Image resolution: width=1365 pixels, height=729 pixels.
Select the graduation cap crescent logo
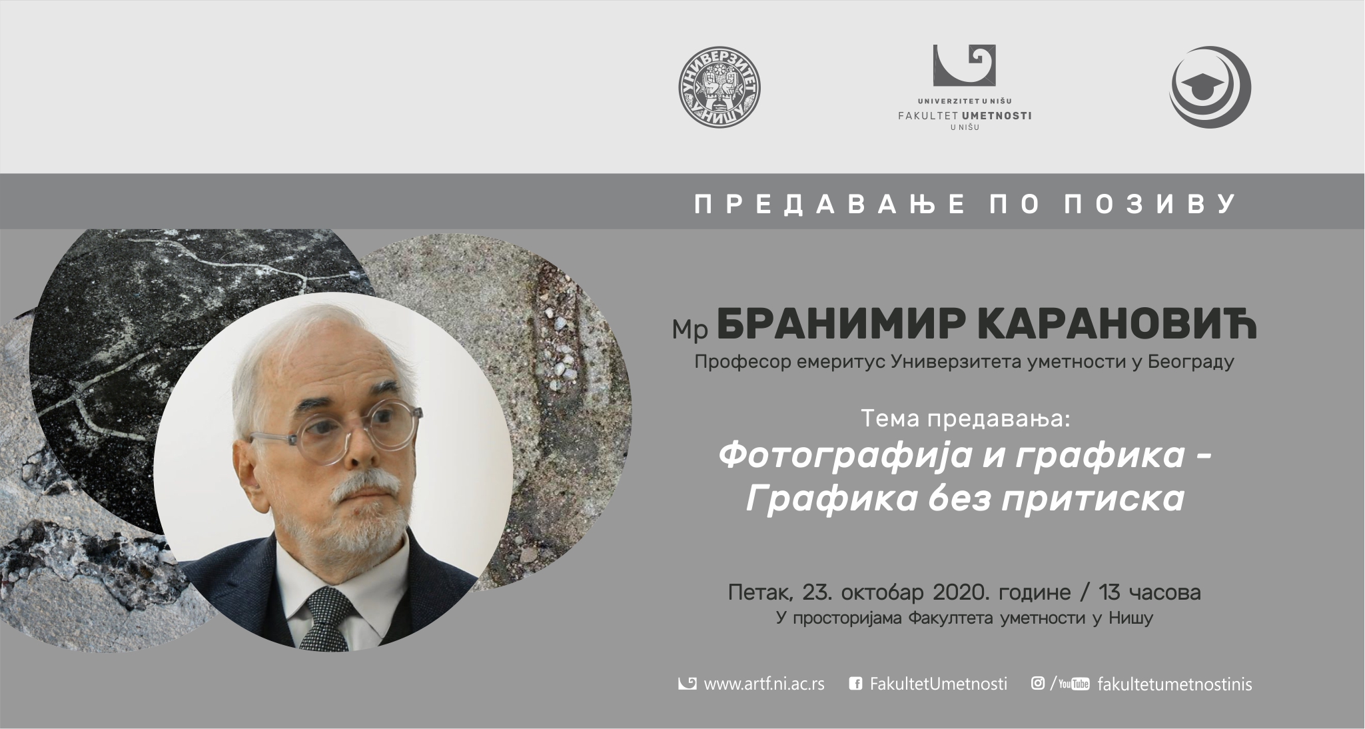[1210, 87]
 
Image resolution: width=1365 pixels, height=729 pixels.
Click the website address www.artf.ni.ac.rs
[764, 684]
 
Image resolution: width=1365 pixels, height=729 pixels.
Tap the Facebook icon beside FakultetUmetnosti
[856, 684]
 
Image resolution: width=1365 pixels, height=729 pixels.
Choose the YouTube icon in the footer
[1074, 684]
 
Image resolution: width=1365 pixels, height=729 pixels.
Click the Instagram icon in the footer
[1037, 683]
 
